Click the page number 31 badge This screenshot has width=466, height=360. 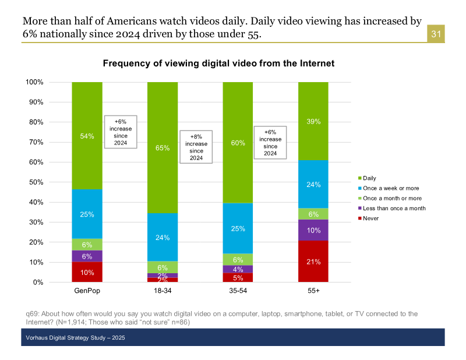pyautogui.click(x=436, y=34)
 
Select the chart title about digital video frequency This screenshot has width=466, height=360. pyautogui.click(x=218, y=63)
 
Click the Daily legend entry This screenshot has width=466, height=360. pyautogui.click(x=370, y=178)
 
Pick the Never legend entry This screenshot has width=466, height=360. pyautogui.click(x=371, y=218)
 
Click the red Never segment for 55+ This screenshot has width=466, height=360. pyautogui.click(x=313, y=262)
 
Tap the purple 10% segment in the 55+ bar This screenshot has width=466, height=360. pyautogui.click(x=313, y=230)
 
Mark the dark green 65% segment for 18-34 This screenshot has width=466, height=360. pyautogui.click(x=163, y=148)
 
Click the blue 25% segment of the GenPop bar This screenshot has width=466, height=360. pyautogui.click(x=87, y=214)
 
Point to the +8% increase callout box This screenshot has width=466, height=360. pyautogui.click(x=196, y=146)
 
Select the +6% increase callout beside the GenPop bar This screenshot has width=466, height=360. pyautogui.click(x=121, y=131)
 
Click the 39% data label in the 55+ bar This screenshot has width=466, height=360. pyautogui.click(x=313, y=121)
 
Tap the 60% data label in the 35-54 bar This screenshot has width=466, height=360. pyautogui.click(x=238, y=143)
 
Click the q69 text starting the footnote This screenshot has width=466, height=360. pyautogui.click(x=33, y=313)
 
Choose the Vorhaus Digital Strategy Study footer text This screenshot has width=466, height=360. pyautogui.click(x=75, y=338)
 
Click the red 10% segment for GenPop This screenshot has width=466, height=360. pyautogui.click(x=87, y=272)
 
